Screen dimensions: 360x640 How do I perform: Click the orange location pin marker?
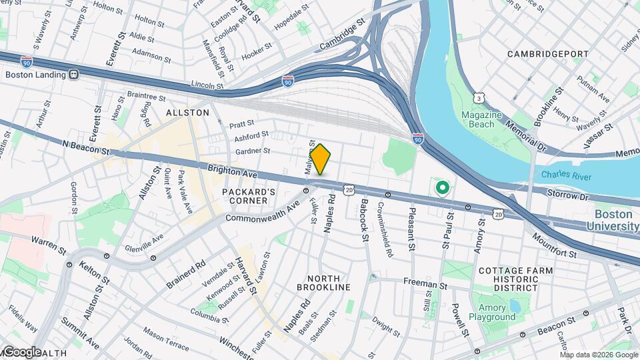tap(320, 160)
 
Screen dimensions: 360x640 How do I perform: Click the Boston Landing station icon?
tap(73, 75)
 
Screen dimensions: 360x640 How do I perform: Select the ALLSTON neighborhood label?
tap(187, 113)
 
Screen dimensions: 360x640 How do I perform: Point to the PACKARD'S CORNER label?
tap(249, 197)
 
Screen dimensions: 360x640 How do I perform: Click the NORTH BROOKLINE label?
tap(328, 283)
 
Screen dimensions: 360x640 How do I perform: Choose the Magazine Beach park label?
tap(481, 120)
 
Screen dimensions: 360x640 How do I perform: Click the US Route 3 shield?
tap(478, 98)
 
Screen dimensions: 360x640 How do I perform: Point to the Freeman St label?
tap(424, 285)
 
